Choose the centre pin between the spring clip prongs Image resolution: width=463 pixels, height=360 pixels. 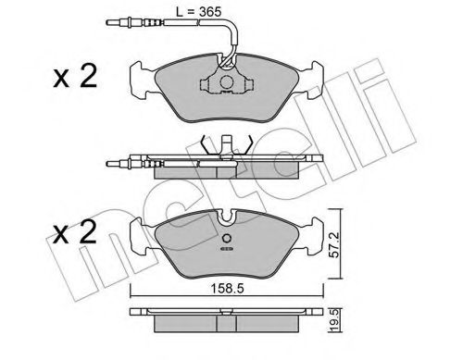225,148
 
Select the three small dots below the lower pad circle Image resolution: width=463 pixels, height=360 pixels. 225,250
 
